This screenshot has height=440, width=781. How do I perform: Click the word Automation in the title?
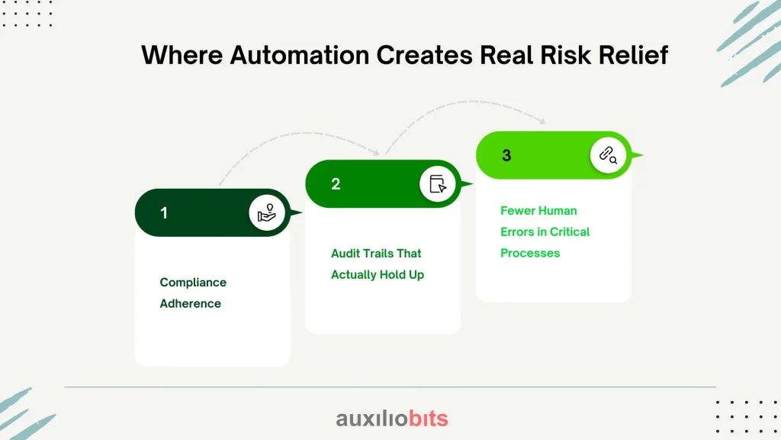[x=299, y=55]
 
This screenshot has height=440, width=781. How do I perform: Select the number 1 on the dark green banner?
[x=164, y=213]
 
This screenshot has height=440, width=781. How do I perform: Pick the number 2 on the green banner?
[x=336, y=184]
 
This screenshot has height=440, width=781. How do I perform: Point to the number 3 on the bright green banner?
[x=506, y=156]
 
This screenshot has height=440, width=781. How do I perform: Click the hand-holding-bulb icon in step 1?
[x=266, y=213]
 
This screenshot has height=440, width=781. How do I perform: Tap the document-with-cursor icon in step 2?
[x=437, y=184]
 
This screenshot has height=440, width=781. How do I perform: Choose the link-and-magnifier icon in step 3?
[x=608, y=155]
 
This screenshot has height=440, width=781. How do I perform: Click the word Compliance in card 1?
[x=193, y=283]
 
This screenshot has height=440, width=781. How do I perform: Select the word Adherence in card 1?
[x=190, y=303]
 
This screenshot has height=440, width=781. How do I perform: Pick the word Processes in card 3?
[x=530, y=253]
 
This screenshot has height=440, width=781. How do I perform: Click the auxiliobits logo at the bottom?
[x=392, y=419]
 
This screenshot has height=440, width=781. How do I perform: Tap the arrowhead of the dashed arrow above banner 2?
[x=377, y=152]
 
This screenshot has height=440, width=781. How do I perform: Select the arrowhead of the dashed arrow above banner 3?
[x=543, y=121]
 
